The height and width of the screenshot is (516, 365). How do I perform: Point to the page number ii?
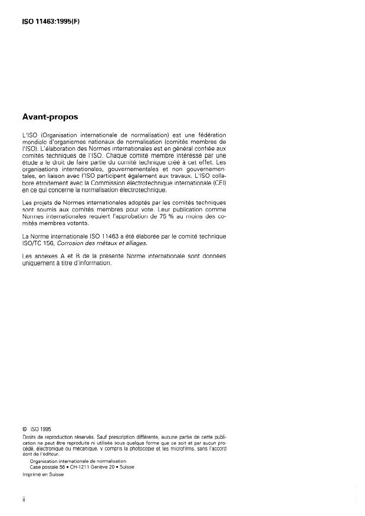click(24, 498)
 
